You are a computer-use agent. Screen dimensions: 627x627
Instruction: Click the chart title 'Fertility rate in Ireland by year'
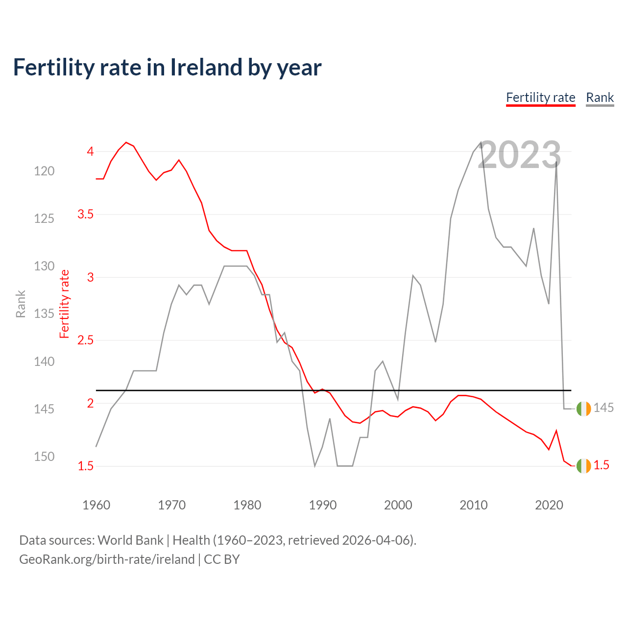(167, 68)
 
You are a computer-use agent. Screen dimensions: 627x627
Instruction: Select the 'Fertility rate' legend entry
(540, 97)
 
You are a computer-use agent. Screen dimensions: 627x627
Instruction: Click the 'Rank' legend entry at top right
(600, 97)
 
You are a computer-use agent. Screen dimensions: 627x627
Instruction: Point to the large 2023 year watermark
(519, 155)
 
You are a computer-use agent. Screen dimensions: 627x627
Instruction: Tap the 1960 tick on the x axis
(96, 505)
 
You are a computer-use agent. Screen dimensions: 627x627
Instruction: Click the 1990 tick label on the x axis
(322, 505)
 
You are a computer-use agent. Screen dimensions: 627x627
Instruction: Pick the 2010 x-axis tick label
(473, 505)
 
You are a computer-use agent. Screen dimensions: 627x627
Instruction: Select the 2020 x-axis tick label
(549, 505)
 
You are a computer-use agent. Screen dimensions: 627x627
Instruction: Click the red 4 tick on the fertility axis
(90, 151)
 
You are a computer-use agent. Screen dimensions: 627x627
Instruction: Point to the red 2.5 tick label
(85, 340)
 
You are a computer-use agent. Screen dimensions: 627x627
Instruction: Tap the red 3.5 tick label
(85, 214)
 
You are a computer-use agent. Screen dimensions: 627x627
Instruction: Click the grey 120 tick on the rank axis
(44, 171)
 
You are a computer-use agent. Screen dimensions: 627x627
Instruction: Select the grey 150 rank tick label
(44, 457)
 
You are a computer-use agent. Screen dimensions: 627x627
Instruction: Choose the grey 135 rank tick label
(44, 313)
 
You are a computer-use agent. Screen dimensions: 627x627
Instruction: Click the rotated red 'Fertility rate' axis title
(64, 304)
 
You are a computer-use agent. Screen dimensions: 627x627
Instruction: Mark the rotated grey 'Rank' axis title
(21, 304)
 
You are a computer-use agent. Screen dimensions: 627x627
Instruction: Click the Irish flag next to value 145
(583, 409)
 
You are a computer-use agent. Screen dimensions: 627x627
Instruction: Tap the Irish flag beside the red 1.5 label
(583, 466)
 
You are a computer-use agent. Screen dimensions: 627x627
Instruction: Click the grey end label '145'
(603, 408)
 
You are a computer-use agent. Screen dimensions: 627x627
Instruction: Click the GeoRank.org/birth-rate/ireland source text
(107, 559)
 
